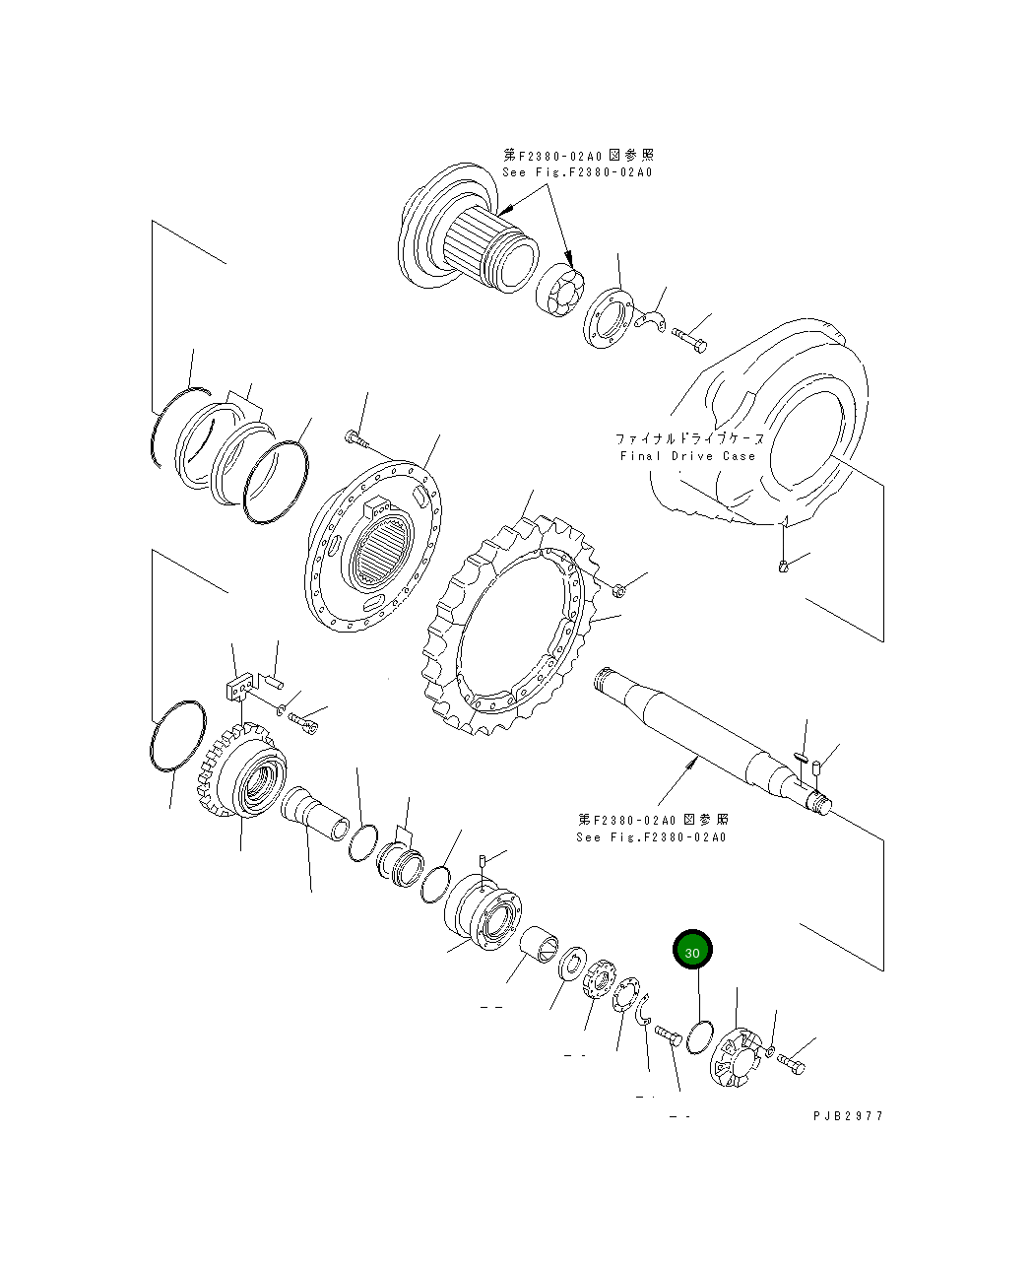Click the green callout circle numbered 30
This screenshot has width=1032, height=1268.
tap(692, 952)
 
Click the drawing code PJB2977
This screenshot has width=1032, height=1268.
tap(848, 1116)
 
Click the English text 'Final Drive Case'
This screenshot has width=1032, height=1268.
tap(687, 456)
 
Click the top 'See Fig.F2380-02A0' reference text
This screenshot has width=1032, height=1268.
tap(577, 172)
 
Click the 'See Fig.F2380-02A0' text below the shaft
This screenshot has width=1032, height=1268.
tap(651, 837)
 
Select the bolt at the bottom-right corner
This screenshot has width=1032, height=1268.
tap(791, 1063)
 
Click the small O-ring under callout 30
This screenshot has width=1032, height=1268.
tap(700, 1038)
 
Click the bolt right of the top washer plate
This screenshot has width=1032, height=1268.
tap(689, 339)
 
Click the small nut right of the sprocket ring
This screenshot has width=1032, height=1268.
tap(620, 590)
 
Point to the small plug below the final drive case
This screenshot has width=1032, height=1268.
tap(783, 565)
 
